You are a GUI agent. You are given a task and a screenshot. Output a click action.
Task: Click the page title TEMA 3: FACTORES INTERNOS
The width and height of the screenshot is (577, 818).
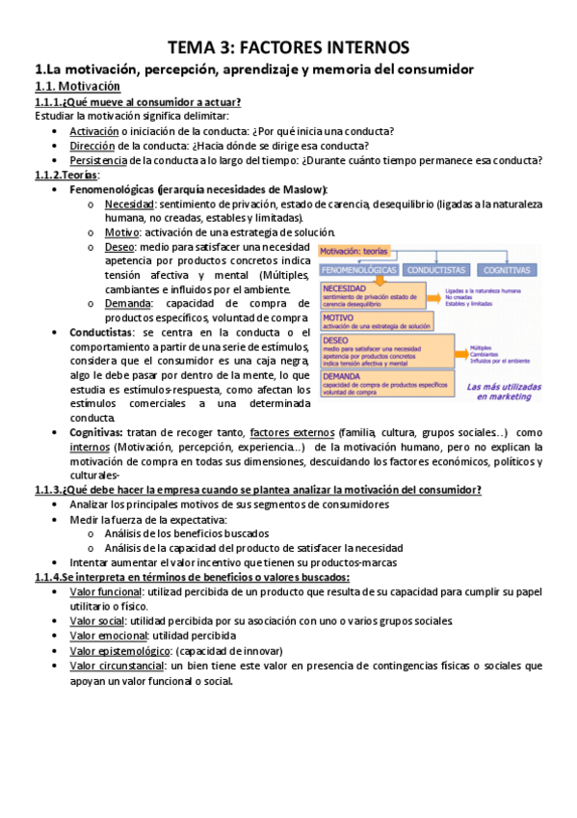[x=288, y=47]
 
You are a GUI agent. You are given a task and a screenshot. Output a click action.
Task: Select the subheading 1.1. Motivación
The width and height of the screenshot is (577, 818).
[x=77, y=87]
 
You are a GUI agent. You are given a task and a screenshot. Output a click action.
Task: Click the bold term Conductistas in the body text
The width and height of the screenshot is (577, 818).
[x=101, y=332]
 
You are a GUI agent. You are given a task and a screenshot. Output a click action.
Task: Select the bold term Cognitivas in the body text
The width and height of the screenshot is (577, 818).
[x=96, y=433]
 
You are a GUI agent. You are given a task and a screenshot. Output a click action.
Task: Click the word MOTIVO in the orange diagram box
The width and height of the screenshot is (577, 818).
[x=338, y=316]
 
